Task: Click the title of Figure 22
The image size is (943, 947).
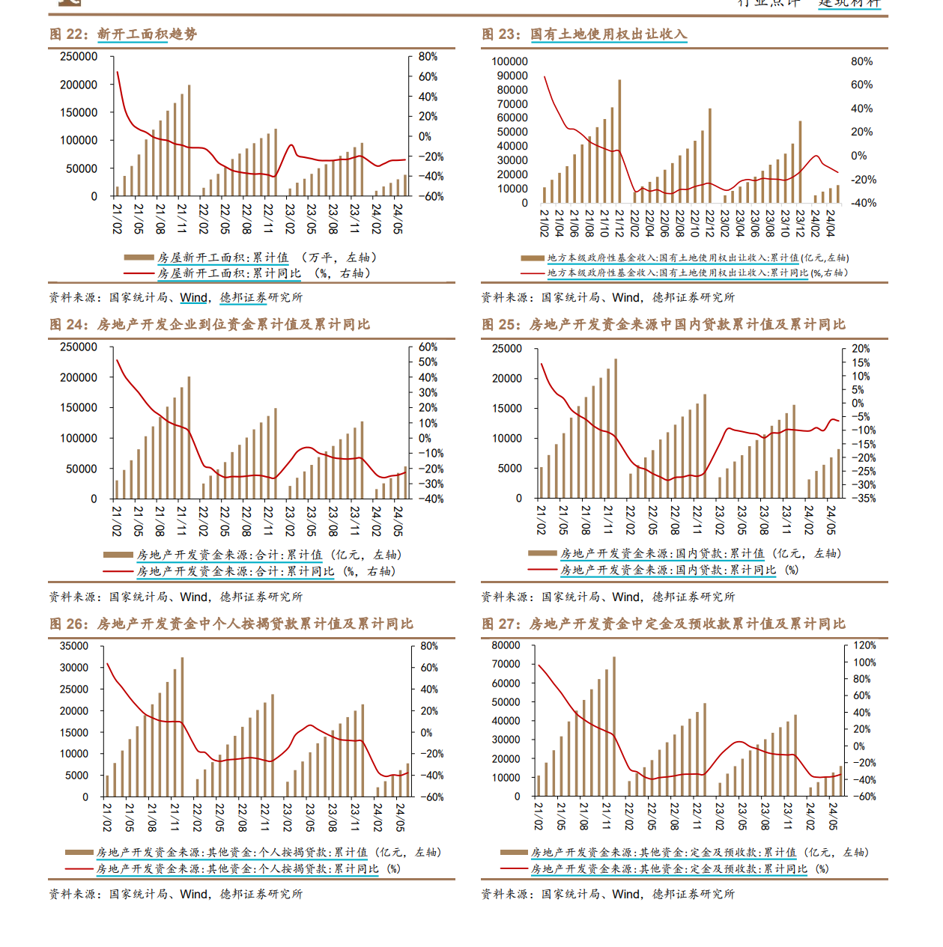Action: (124, 34)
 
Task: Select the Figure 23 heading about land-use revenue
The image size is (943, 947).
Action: (584, 34)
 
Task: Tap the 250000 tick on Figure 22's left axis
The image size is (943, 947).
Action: (79, 57)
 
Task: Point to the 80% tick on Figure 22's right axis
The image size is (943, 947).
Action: (428, 57)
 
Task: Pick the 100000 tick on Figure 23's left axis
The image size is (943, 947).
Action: (509, 62)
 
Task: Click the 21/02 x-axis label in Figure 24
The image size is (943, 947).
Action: (117, 520)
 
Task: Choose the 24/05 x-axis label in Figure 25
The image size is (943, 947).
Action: (831, 519)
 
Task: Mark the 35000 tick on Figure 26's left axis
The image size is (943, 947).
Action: (74, 646)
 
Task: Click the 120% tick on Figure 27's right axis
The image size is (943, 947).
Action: (864, 645)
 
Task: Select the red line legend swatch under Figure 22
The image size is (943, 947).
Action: (139, 274)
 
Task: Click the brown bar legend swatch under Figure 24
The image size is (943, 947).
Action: (118, 555)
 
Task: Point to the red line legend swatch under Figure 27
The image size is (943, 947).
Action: (514, 869)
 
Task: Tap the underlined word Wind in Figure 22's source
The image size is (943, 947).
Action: (194, 298)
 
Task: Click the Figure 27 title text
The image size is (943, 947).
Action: (663, 624)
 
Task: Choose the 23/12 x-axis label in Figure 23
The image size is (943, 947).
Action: (800, 223)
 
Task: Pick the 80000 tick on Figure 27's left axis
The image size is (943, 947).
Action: (506, 645)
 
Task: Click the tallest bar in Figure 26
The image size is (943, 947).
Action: (182, 727)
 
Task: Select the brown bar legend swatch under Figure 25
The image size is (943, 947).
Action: (542, 553)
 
